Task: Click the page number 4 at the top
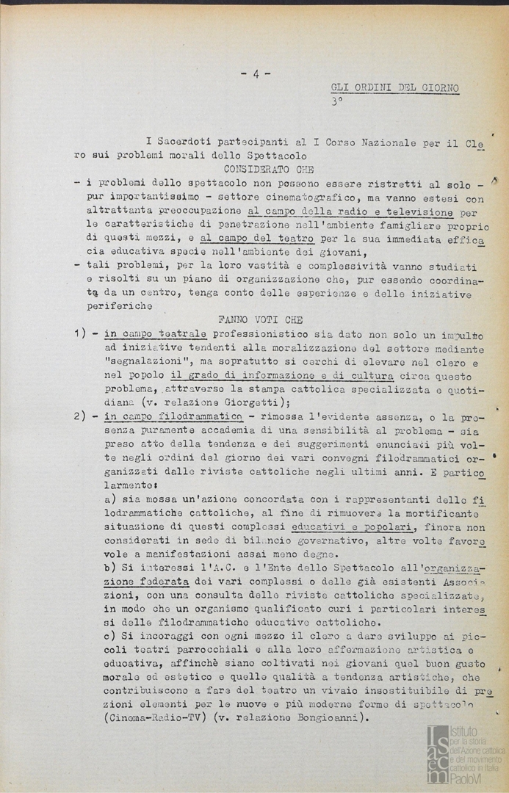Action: [x=255, y=73]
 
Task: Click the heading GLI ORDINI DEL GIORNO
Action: [x=395, y=88]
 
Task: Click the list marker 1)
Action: [x=82, y=334]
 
